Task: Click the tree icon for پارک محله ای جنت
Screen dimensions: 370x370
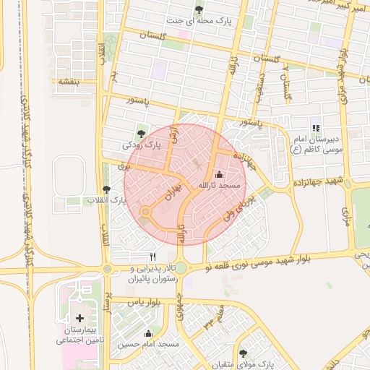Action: [199, 9]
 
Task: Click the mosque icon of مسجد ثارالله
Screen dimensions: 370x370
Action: [219, 174]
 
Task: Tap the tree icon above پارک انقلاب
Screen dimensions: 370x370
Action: [107, 189]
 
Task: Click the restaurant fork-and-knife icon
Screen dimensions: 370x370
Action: [152, 257]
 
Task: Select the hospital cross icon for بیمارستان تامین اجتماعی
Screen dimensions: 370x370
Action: [79, 318]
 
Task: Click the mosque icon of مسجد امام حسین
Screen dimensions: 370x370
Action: [148, 333]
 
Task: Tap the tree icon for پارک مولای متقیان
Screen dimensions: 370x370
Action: [242, 353]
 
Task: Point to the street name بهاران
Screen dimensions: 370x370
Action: [165, 189]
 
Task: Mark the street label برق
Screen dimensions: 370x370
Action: [121, 165]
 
